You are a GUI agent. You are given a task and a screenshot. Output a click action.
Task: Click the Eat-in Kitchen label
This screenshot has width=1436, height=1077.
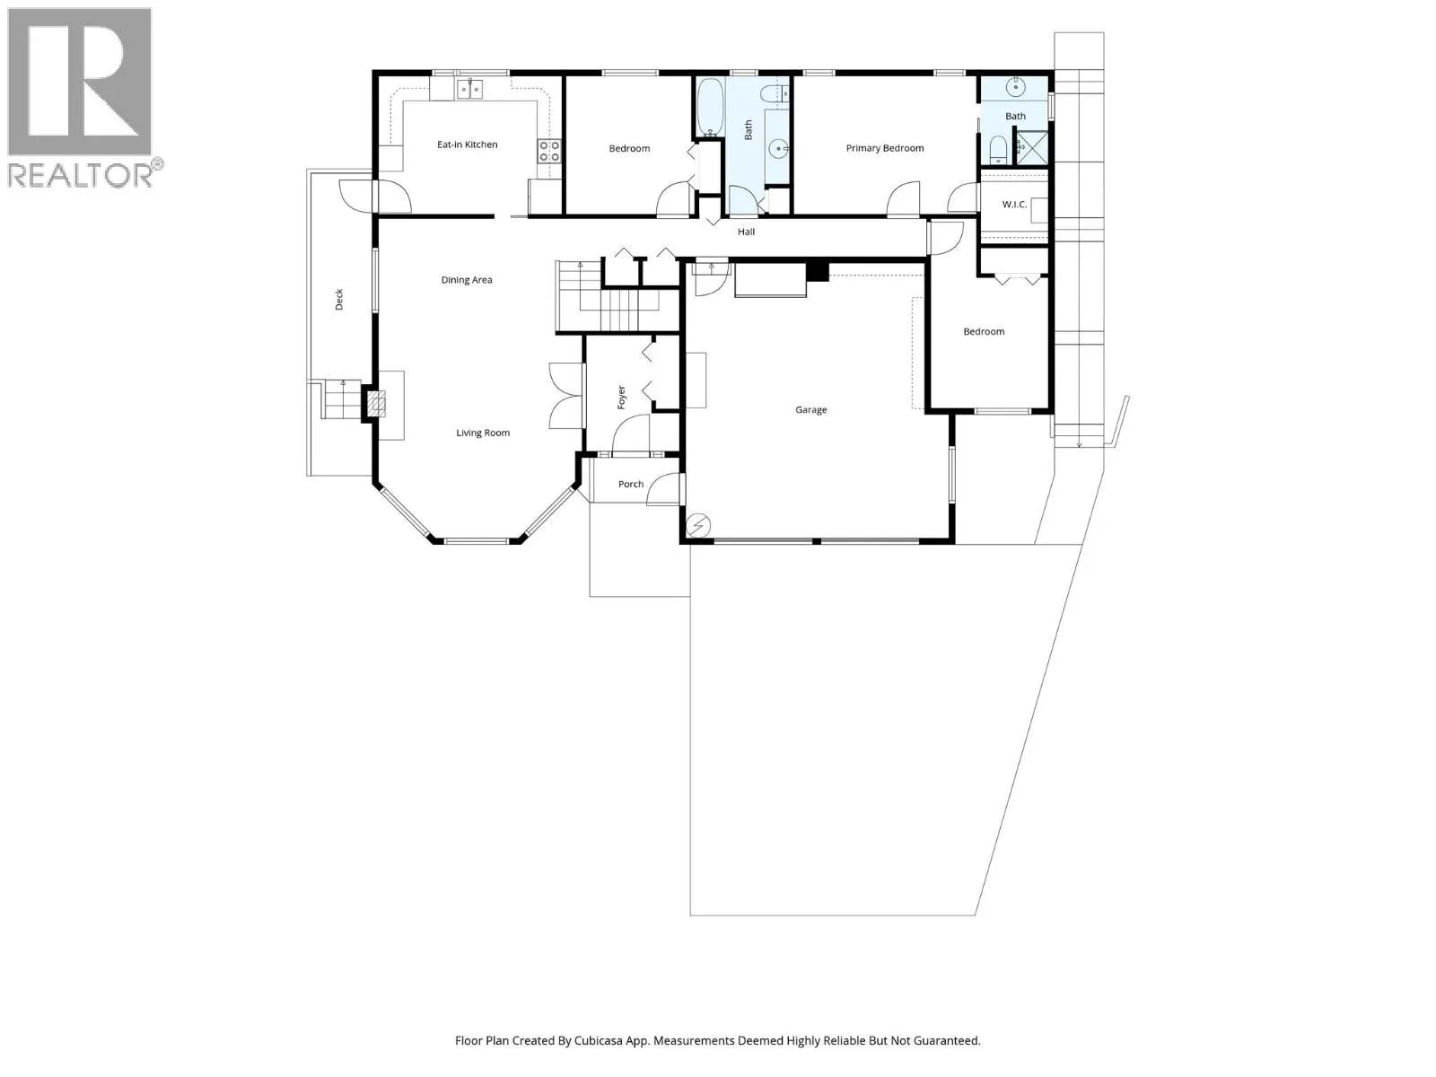click(467, 144)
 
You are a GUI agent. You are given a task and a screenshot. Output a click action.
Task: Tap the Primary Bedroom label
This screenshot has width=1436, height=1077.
click(885, 148)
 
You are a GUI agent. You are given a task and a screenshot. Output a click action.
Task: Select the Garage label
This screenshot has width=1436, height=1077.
click(810, 410)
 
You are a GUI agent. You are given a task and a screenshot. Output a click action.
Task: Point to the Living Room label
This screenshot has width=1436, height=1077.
click(483, 433)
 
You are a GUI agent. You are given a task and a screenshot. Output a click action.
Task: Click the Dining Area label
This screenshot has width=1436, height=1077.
click(467, 280)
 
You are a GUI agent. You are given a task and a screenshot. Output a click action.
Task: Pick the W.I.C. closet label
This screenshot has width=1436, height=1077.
click(1014, 205)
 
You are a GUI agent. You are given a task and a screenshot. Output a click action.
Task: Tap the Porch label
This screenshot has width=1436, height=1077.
click(631, 484)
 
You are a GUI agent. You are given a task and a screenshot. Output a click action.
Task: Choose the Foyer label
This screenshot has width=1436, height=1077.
click(621, 398)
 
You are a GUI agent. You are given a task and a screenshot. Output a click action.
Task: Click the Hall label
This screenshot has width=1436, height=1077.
click(746, 232)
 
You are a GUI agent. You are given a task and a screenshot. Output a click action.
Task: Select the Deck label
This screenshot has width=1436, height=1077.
click(339, 300)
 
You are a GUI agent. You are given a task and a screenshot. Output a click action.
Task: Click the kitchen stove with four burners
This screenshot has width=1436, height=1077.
click(549, 151)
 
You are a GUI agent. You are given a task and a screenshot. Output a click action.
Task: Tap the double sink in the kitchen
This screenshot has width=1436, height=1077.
click(469, 89)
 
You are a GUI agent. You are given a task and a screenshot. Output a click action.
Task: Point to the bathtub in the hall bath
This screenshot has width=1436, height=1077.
click(709, 108)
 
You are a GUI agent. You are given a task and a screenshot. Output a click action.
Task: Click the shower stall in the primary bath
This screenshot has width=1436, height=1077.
click(1032, 147)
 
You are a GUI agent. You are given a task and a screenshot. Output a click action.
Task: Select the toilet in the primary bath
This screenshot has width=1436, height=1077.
click(998, 151)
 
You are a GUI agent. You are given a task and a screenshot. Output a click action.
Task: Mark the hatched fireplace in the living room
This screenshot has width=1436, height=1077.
click(376, 404)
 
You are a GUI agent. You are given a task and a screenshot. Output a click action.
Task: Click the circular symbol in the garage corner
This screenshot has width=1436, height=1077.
click(698, 524)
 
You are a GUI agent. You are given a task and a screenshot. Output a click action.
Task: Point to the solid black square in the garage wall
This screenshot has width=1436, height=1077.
click(817, 271)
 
